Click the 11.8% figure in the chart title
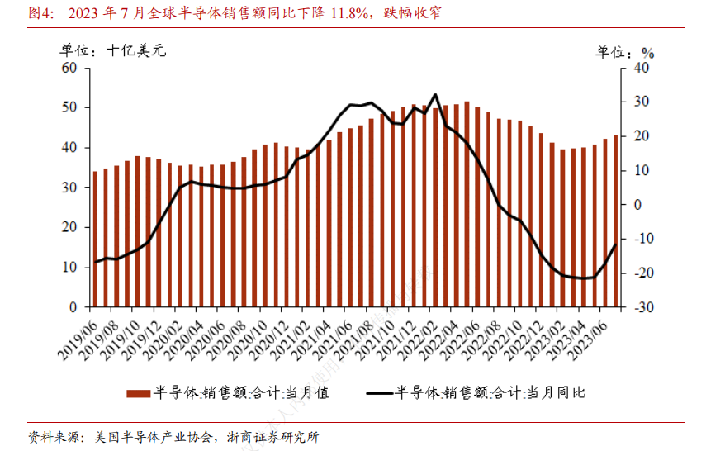tap(355, 13)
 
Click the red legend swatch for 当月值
tap(137, 394)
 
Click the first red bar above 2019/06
tap(95, 240)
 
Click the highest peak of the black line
tap(435, 94)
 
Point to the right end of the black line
tap(614, 245)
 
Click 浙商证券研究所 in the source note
tap(272, 437)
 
